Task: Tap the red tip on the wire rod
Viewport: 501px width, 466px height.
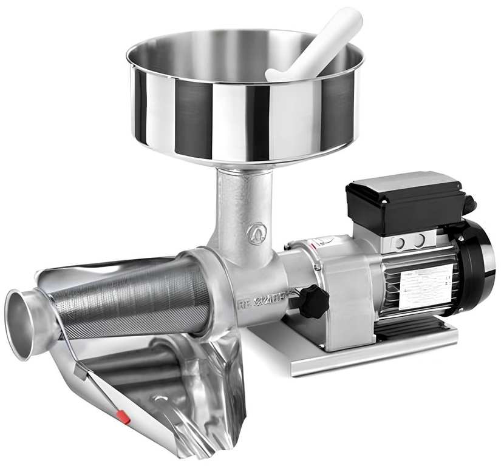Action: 123,416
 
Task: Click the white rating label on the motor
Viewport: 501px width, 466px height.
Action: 426,286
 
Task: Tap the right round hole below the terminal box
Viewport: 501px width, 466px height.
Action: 420,240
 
